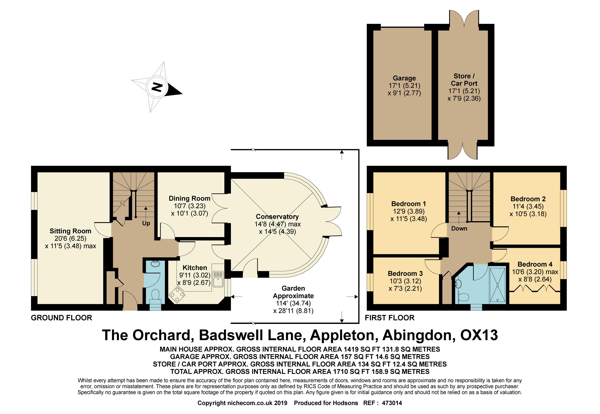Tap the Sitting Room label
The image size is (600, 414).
tap(70, 231)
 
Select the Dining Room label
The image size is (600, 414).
tap(189, 199)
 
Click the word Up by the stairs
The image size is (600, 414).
tap(146, 223)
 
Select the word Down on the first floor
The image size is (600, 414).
tap(459, 228)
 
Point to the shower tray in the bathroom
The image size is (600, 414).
tap(497, 285)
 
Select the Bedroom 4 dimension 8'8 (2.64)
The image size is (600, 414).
tap(535, 279)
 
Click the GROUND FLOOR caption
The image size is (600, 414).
tap(61, 318)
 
